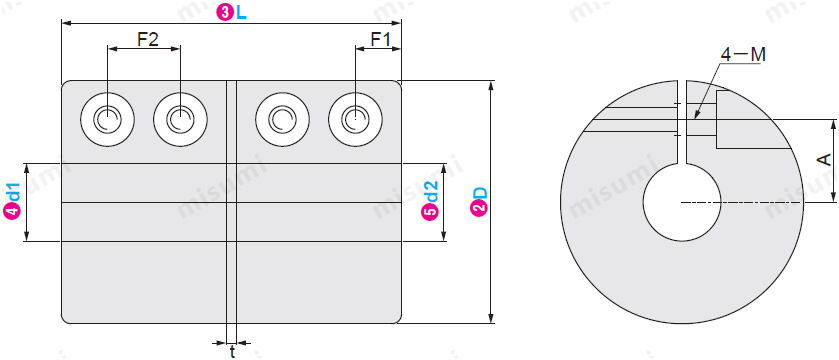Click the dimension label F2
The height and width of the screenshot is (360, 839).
point(148,39)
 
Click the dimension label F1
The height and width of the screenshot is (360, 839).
point(381,39)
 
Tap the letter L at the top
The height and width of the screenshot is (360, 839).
point(241,14)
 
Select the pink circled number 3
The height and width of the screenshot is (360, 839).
point(224,14)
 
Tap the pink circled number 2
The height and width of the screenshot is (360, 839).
point(480,210)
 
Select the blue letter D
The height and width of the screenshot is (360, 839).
point(480,193)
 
